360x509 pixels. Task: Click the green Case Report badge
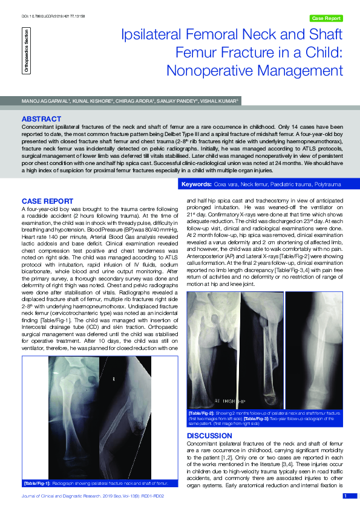click(326, 18)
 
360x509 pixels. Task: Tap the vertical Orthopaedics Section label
click(26, 55)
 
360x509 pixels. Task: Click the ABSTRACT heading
click(41, 118)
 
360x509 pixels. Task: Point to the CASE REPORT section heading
click(48, 200)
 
